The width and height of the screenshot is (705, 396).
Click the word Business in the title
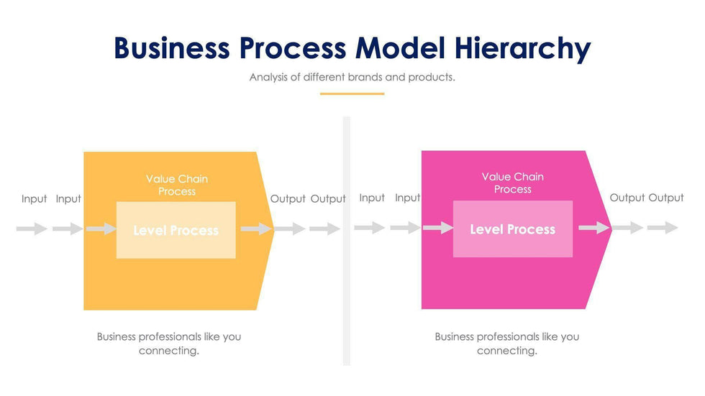pos(171,47)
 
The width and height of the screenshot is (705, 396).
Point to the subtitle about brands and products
pos(352,77)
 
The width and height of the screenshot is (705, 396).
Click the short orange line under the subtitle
pos(352,93)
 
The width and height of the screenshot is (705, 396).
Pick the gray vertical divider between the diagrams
pos(346,241)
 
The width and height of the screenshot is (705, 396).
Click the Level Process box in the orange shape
pos(176,230)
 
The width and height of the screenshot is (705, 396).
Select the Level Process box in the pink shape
pos(512,229)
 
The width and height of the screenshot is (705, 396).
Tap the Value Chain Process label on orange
pos(176,185)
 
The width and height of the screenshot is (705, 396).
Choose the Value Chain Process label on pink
pos(512,183)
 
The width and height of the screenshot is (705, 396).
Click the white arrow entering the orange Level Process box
pos(101,229)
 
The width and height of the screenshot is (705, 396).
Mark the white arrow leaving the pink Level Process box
pos(594,228)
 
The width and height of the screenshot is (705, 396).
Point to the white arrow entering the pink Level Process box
pos(437,228)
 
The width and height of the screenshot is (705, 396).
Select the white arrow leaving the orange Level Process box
pos(256,229)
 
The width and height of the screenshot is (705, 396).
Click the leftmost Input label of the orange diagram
pos(34,199)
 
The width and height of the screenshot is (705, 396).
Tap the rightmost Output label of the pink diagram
pos(665,198)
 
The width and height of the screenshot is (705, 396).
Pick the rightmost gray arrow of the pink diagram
pos(662,228)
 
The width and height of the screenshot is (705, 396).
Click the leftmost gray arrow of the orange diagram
pos(32,229)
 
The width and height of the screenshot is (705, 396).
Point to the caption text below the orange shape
pos(169,344)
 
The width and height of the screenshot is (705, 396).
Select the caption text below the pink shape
pos(506,344)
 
